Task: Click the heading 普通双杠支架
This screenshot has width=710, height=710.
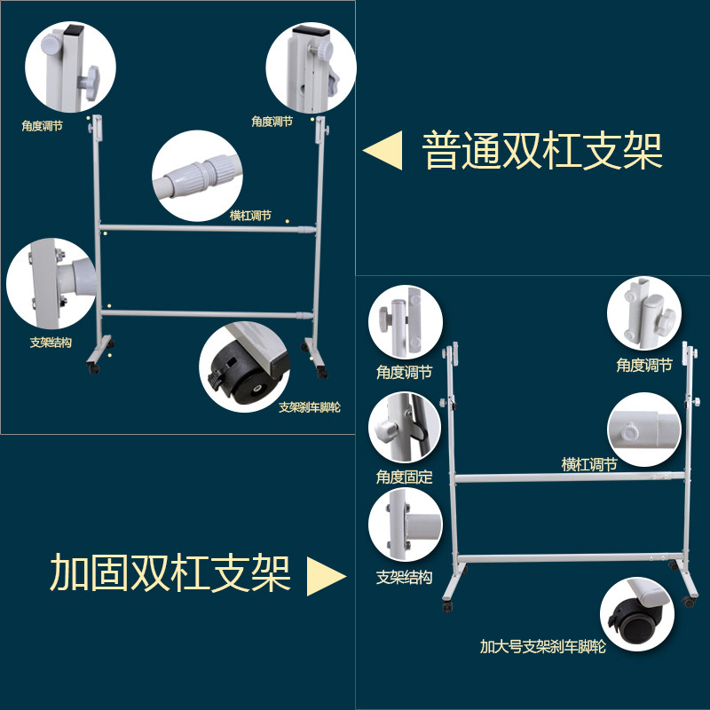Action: pos(542,151)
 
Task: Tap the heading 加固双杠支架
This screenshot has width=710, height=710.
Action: pos(170,573)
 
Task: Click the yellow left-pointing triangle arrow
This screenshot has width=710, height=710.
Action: pos(383,150)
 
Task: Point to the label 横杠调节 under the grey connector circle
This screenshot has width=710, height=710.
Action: pos(250,216)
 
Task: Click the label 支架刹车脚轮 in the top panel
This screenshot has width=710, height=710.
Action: pos(309,408)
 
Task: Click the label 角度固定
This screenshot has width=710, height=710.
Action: pos(404,477)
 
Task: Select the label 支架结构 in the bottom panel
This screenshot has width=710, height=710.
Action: pos(404,578)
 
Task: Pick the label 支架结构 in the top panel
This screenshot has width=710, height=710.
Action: pos(50,342)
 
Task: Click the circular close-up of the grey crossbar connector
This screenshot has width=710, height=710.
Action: pos(196,174)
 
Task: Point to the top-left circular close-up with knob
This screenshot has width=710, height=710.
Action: pos(64,68)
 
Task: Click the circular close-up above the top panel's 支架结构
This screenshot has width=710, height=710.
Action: pos(51,283)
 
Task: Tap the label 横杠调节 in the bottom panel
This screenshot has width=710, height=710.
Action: pos(589,464)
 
